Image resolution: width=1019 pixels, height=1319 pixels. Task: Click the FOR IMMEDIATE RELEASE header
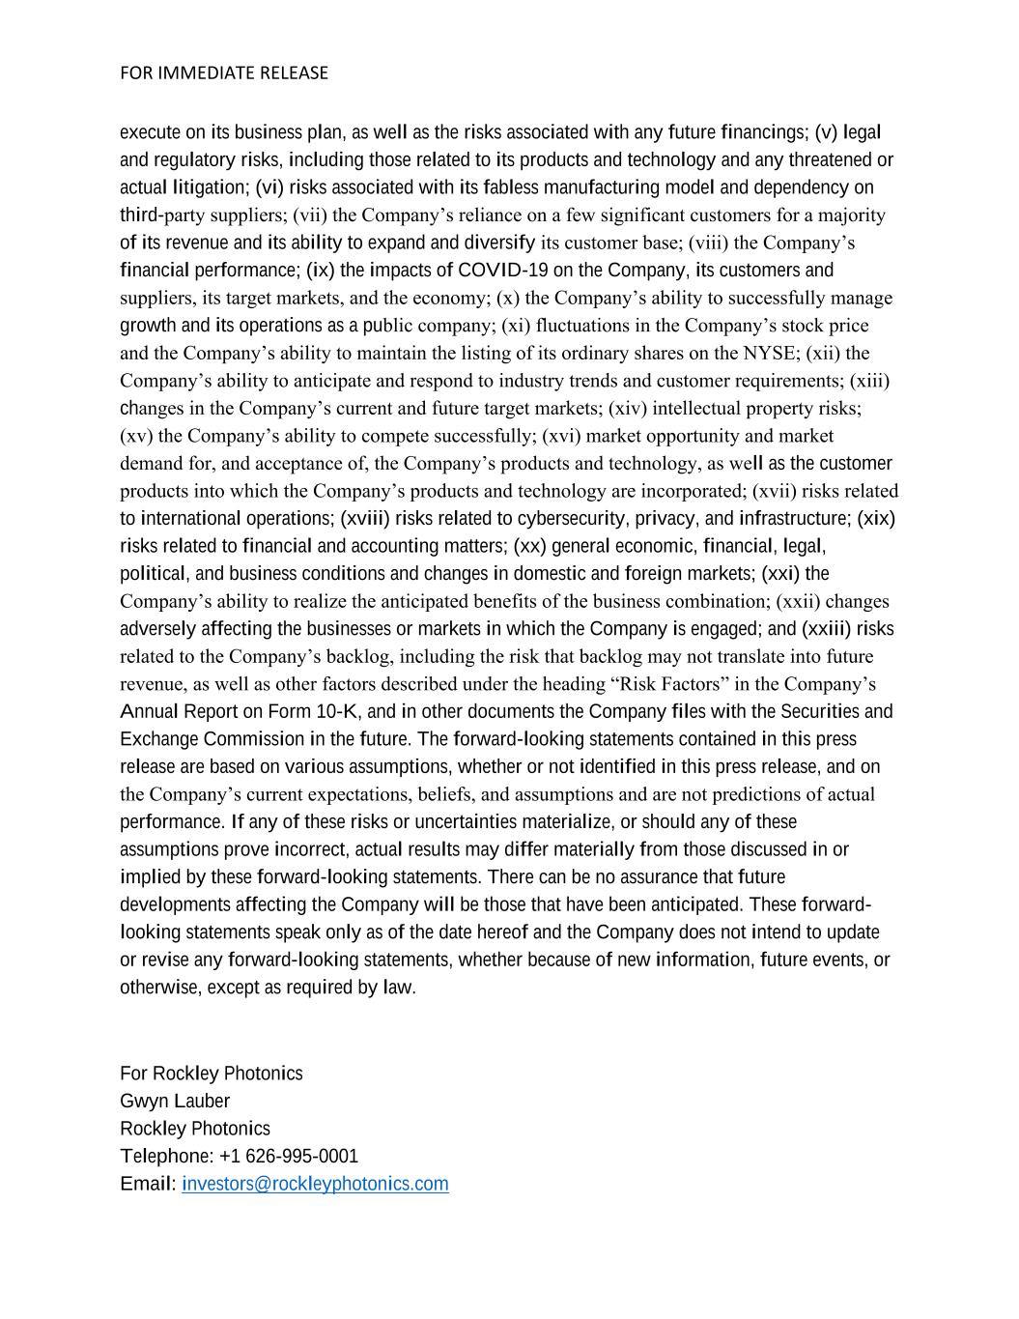click(224, 72)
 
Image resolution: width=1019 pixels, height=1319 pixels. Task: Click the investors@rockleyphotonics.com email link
click(315, 1184)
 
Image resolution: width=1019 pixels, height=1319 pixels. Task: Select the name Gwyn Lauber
click(175, 1101)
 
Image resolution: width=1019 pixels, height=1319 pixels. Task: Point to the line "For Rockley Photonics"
click(212, 1074)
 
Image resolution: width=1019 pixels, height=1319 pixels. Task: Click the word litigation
click(208, 186)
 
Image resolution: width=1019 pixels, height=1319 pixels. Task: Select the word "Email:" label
click(148, 1184)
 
